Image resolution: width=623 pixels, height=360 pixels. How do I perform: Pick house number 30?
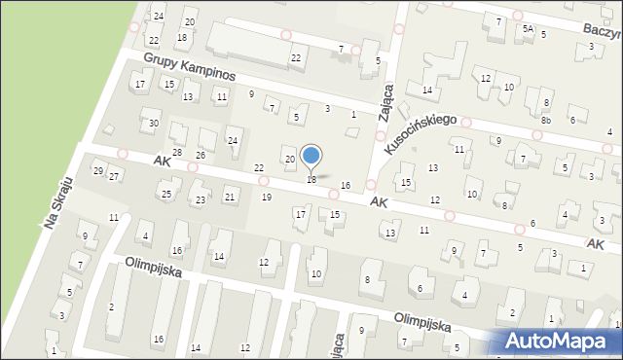click(153, 124)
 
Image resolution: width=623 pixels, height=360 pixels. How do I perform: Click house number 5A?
click(527, 29)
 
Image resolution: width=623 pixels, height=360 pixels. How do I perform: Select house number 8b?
click(546, 120)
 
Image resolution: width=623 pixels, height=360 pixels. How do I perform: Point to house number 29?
click(98, 171)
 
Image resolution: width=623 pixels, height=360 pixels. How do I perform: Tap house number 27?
click(114, 176)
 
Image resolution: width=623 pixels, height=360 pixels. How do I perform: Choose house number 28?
click(176, 153)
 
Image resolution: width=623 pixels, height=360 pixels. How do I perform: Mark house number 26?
click(200, 156)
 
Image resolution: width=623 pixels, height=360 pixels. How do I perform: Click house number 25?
click(166, 195)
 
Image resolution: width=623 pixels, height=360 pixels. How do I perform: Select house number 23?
click(200, 199)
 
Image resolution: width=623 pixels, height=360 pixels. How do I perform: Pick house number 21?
click(230, 198)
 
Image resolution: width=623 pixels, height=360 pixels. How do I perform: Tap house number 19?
click(267, 198)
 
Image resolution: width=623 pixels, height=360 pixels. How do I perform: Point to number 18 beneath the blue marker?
click(311, 180)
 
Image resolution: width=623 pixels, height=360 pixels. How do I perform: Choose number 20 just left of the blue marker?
click(289, 159)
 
